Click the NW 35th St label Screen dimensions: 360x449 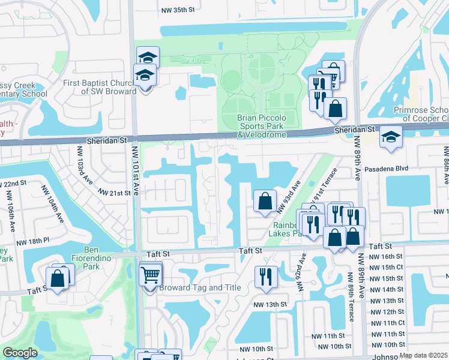click(179, 10)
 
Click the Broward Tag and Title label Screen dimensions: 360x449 click(200, 288)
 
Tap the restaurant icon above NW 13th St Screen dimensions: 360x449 click(265, 277)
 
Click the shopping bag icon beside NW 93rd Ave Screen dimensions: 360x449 click(265, 202)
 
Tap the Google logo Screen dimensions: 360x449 click(20, 353)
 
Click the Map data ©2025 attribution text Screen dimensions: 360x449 click(423, 356)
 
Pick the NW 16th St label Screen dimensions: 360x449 click(387, 256)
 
